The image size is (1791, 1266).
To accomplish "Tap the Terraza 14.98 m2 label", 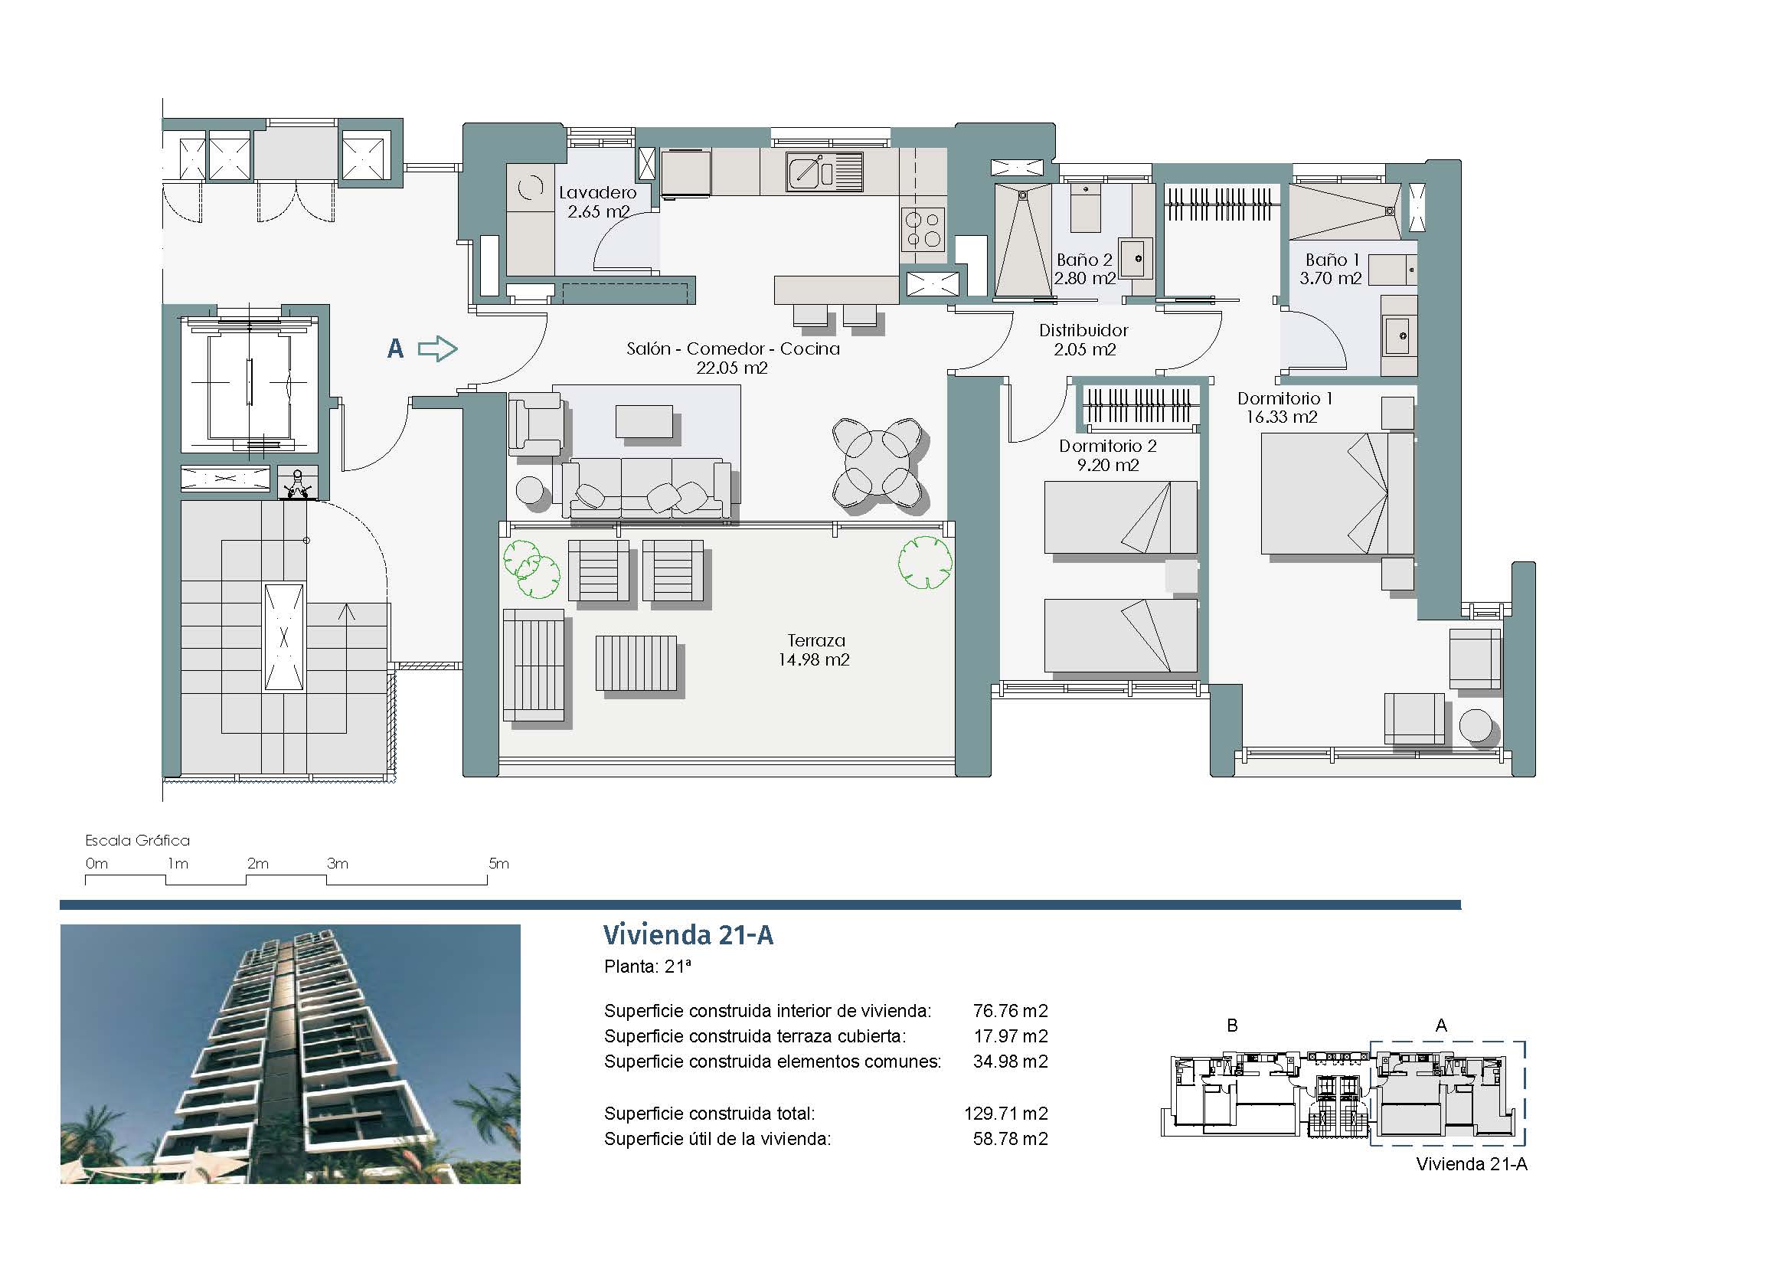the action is pyautogui.click(x=815, y=649).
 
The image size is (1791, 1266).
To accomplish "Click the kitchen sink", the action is pyautogui.click(x=825, y=172).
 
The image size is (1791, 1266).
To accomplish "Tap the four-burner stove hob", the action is pyautogui.click(x=923, y=228).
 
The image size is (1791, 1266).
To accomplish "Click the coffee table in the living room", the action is pyautogui.click(x=644, y=421).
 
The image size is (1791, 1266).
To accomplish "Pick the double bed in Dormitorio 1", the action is pyautogui.click(x=1337, y=494).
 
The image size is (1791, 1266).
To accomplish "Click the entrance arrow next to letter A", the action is pyautogui.click(x=438, y=348).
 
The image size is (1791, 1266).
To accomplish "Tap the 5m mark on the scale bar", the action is pyautogui.click(x=498, y=863).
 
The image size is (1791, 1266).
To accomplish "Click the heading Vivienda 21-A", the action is pyautogui.click(x=688, y=934).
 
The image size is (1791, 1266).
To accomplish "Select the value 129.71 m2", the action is pyautogui.click(x=1005, y=1113).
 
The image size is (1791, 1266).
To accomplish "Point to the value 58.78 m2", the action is pyautogui.click(x=1010, y=1139).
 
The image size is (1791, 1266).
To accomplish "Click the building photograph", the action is pyautogui.click(x=290, y=1054).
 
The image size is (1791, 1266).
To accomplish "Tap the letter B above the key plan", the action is pyautogui.click(x=1233, y=1026).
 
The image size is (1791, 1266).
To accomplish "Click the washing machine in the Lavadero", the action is pyautogui.click(x=531, y=188).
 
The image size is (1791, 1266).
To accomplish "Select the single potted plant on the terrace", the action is pyautogui.click(x=925, y=561).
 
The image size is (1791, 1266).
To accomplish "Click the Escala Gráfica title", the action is pyautogui.click(x=137, y=841).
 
